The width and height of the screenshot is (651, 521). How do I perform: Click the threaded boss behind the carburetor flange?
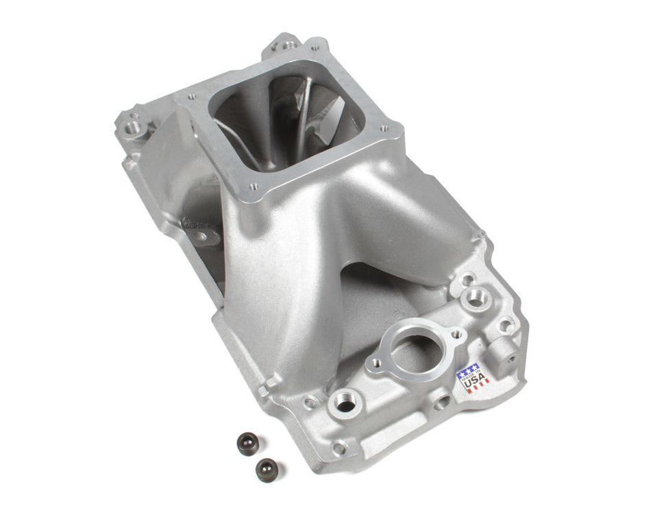pyautogui.click(x=282, y=47)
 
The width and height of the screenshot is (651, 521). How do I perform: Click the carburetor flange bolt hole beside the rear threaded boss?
pyautogui.click(x=315, y=50)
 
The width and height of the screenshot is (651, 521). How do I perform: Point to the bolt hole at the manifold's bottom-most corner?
pyautogui.click(x=338, y=449)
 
